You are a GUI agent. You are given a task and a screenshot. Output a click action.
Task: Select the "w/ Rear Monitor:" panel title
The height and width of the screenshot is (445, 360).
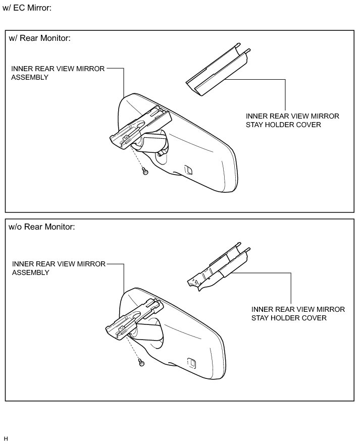pyautogui.click(x=39, y=39)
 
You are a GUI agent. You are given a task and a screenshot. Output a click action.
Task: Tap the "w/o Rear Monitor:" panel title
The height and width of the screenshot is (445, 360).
pyautogui.click(x=42, y=227)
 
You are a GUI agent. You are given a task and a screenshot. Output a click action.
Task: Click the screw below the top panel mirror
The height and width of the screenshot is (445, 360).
pyautogui.click(x=145, y=172)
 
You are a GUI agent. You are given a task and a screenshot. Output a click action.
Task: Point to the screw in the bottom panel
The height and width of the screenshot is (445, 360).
pyautogui.click(x=141, y=362)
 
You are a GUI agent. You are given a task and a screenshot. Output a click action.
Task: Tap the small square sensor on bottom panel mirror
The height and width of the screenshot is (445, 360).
pyautogui.click(x=192, y=362)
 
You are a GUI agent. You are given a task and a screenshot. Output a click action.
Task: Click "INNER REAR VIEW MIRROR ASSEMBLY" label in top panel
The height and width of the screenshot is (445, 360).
pyautogui.click(x=58, y=73)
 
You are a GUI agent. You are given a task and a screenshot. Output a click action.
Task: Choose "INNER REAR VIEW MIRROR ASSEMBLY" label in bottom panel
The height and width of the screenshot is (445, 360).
pyautogui.click(x=59, y=268)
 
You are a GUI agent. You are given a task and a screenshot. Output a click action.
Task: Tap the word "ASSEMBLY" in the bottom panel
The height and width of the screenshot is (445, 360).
pyautogui.click(x=30, y=272)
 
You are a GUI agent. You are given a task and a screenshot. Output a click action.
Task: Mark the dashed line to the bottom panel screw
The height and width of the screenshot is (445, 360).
pyautogui.click(x=135, y=349)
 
